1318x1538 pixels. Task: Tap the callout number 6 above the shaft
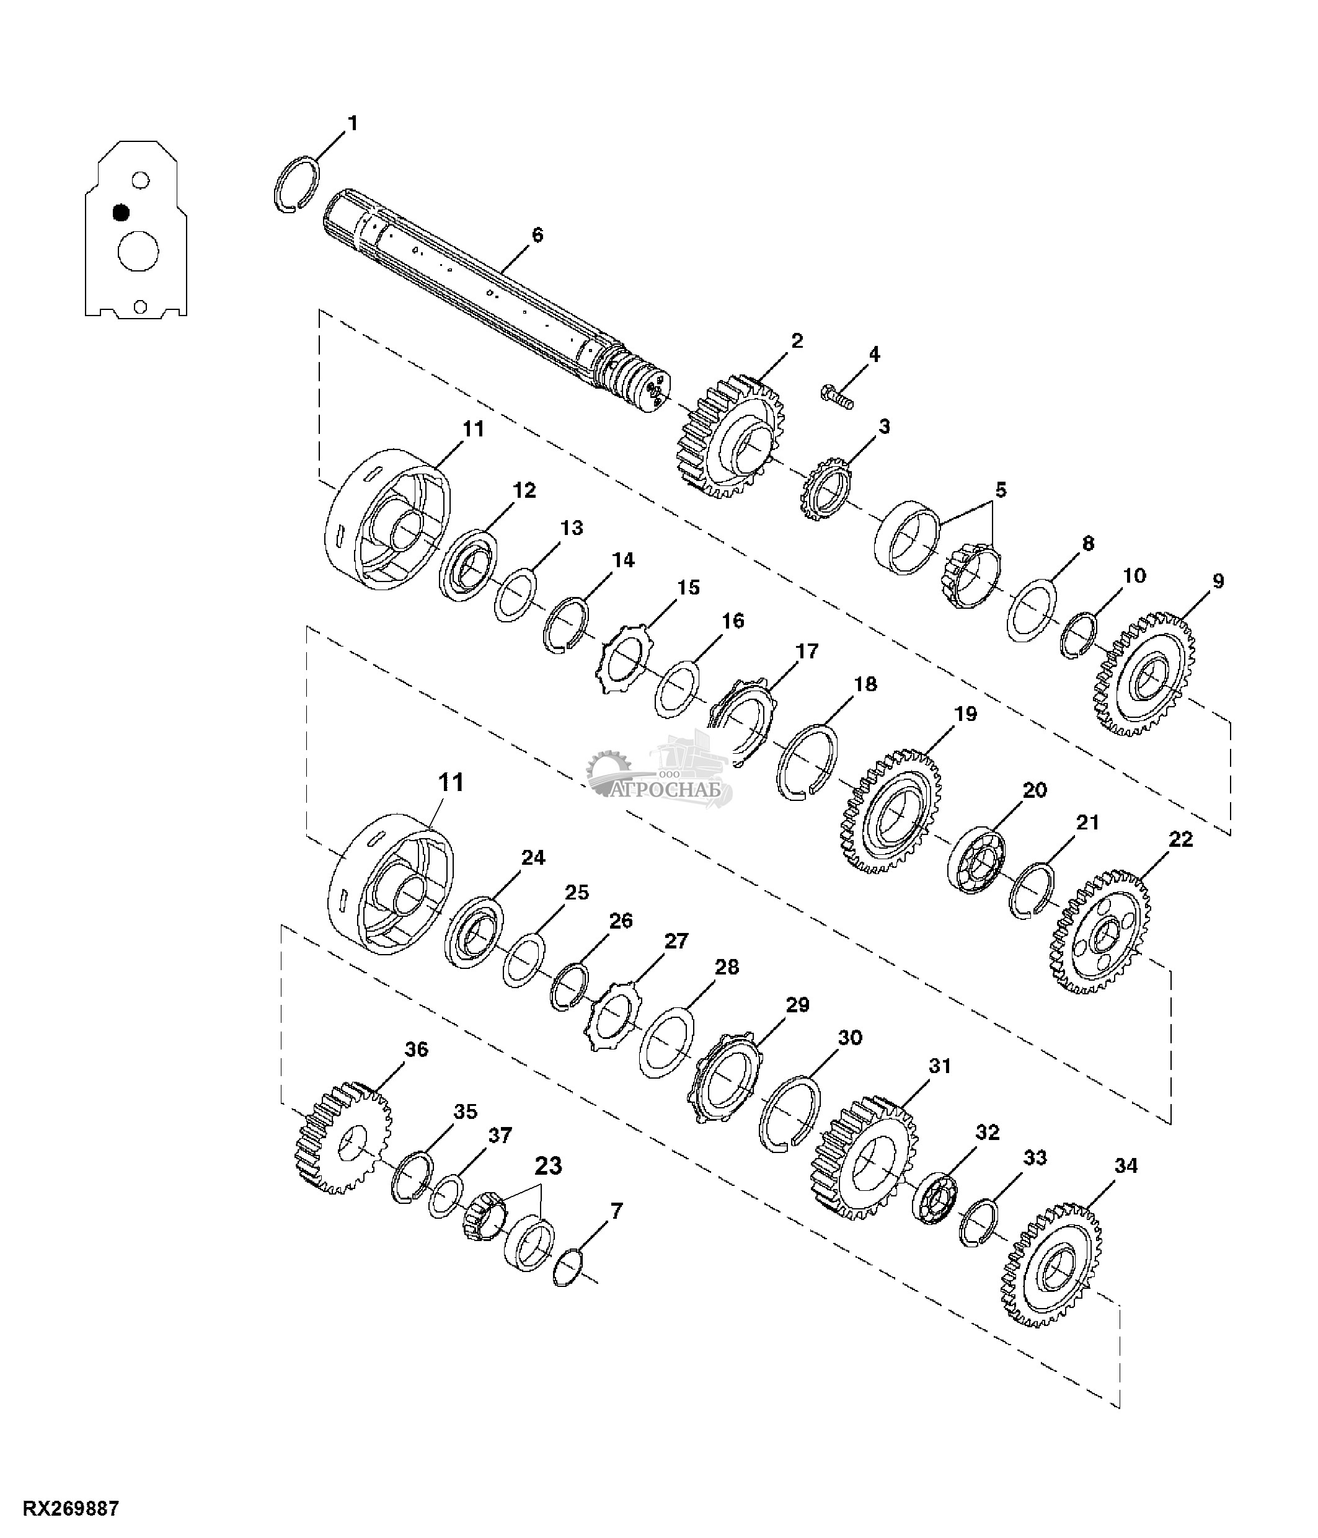(x=537, y=236)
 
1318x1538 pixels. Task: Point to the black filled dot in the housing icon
(x=121, y=213)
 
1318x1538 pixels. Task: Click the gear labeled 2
(x=730, y=436)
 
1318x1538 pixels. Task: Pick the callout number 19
(x=965, y=714)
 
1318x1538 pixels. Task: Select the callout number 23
(x=549, y=1166)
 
